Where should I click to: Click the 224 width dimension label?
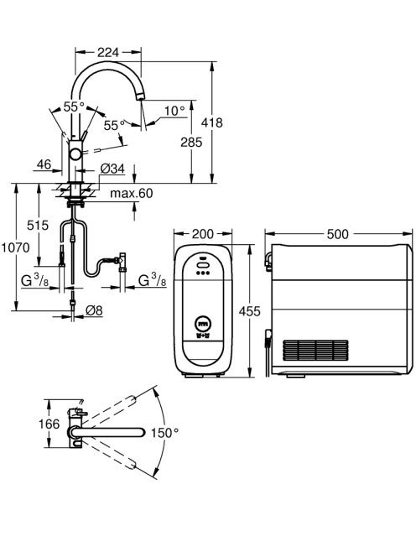[108, 52]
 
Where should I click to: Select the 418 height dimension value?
[211, 122]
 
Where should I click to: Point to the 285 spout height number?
[191, 142]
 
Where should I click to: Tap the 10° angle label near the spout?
[174, 111]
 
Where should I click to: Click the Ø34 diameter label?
[112, 169]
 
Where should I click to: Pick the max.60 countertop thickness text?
[132, 193]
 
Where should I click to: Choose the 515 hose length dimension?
[38, 225]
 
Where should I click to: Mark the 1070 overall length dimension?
[15, 247]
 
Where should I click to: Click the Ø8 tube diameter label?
[94, 310]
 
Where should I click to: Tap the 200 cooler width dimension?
[203, 234]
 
